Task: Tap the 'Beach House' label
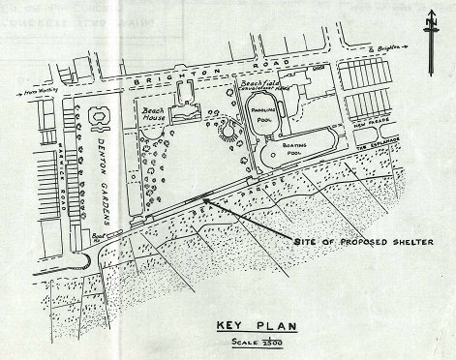pyautogui.click(x=153, y=115)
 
